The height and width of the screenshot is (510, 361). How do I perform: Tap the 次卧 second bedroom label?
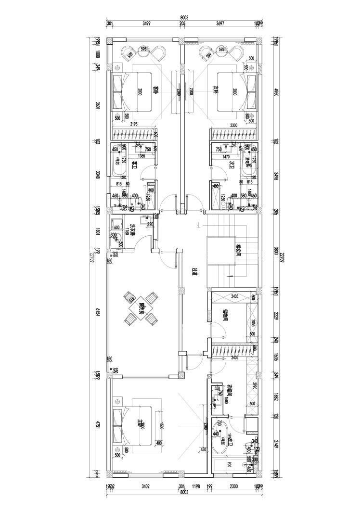point(216,89)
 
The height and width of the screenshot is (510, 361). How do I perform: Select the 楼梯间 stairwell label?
point(238,250)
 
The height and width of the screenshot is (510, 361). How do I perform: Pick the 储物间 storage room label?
point(225,316)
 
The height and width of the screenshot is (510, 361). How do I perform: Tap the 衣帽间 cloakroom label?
point(230,390)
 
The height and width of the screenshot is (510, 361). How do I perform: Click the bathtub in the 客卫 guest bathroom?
point(118,161)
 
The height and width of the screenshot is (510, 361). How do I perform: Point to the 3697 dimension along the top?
point(219,23)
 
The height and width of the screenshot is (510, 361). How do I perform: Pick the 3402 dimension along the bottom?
point(145,486)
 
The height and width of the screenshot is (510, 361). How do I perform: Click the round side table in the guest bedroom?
point(143,49)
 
